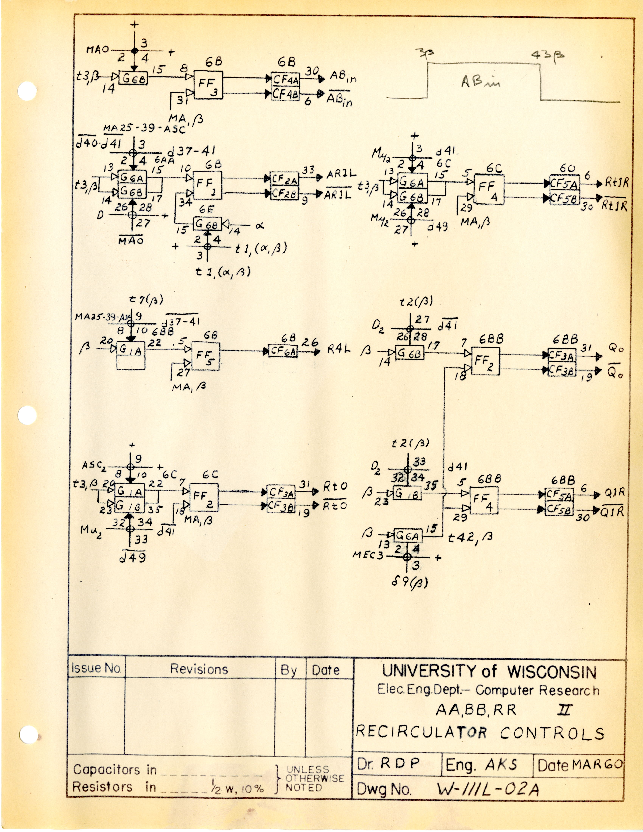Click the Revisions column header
(199, 669)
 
